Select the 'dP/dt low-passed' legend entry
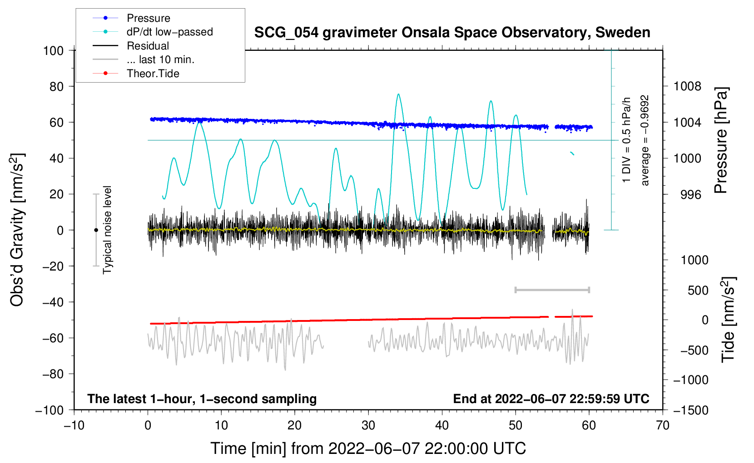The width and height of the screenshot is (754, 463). click(x=169, y=32)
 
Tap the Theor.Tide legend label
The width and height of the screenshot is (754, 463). click(x=153, y=74)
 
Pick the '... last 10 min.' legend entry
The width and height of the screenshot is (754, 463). click(x=160, y=59)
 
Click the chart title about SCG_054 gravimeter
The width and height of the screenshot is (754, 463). click(x=452, y=33)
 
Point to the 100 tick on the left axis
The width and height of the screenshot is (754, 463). click(x=53, y=50)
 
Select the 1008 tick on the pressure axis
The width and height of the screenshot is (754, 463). click(x=687, y=86)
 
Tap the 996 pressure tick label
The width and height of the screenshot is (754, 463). click(x=690, y=195)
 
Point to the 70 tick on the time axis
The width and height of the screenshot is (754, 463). click(x=663, y=426)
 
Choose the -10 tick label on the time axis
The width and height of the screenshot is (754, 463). click(x=74, y=426)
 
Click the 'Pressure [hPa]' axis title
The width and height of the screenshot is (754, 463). click(x=721, y=140)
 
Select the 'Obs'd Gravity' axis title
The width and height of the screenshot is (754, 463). click(x=17, y=230)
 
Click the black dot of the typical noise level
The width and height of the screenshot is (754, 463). click(x=96, y=230)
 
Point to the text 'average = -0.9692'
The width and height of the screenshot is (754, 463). click(x=645, y=140)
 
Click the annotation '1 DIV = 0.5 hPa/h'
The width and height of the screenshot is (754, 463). click(x=626, y=140)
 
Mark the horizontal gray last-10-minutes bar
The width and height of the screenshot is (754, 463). click(x=552, y=290)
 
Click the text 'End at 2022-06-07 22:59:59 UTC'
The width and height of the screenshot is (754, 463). click(x=551, y=399)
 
